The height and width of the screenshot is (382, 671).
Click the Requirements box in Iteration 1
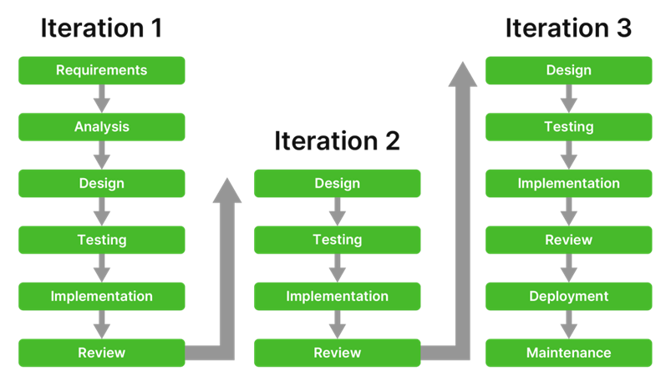(101, 70)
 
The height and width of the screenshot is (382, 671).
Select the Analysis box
(101, 127)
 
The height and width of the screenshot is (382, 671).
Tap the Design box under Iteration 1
(101, 183)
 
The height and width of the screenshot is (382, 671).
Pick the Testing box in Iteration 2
(337, 240)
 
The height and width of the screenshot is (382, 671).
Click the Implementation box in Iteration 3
(568, 183)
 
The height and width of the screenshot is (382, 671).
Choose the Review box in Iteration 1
(101, 353)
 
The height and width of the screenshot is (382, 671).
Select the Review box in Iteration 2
(337, 353)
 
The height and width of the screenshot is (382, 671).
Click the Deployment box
(568, 297)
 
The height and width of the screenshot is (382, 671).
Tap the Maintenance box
(568, 353)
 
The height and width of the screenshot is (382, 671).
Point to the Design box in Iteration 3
(568, 70)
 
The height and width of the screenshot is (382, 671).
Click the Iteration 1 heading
(101, 28)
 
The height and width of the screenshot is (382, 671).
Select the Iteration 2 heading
(337, 140)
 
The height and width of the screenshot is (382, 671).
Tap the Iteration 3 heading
(568, 28)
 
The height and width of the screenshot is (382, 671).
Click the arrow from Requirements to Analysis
(102, 99)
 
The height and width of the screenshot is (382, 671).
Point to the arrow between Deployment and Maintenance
(569, 325)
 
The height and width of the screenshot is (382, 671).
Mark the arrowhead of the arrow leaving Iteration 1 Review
(227, 191)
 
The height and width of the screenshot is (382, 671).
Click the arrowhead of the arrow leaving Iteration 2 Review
(463, 74)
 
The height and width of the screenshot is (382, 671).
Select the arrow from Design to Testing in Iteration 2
(338, 211)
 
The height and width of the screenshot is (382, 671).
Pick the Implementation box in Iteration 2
(337, 297)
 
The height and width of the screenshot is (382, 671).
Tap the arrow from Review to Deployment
(569, 268)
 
